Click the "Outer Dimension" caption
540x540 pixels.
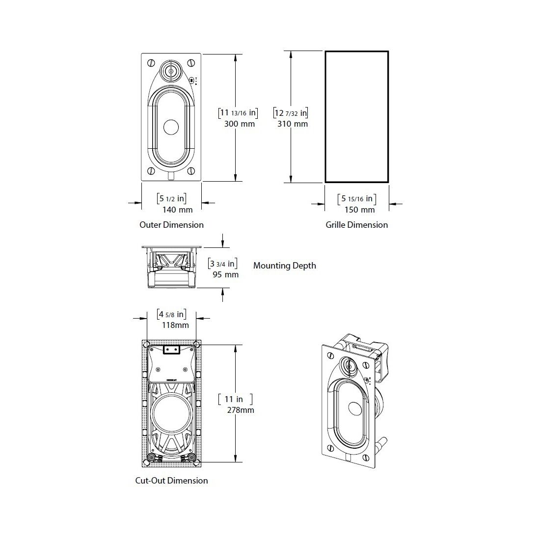(171, 225)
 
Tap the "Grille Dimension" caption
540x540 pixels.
(357, 225)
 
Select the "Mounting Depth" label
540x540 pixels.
(284, 266)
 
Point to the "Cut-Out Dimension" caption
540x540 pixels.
(171, 481)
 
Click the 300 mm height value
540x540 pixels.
(240, 124)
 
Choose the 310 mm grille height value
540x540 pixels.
(293, 124)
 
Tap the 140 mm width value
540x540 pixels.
(177, 210)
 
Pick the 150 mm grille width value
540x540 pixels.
(359, 210)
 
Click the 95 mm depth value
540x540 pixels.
(226, 275)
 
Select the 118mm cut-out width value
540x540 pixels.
(175, 325)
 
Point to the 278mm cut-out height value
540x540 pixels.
(241, 410)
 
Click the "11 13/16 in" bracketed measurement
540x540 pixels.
(238, 112)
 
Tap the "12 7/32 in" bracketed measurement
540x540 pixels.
(291, 112)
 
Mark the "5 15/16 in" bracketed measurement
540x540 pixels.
(357, 199)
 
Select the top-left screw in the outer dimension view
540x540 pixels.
(151, 63)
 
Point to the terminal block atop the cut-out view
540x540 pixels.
(171, 350)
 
